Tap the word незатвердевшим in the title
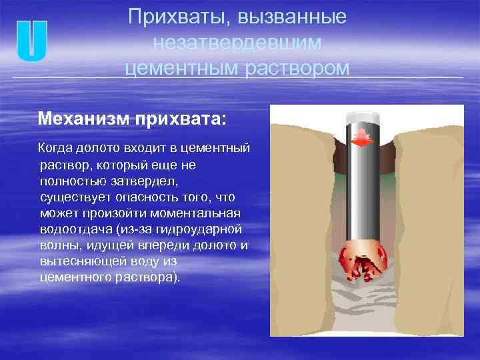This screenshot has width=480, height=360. click(x=237, y=43)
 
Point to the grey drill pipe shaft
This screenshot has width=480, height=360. click(x=363, y=193)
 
